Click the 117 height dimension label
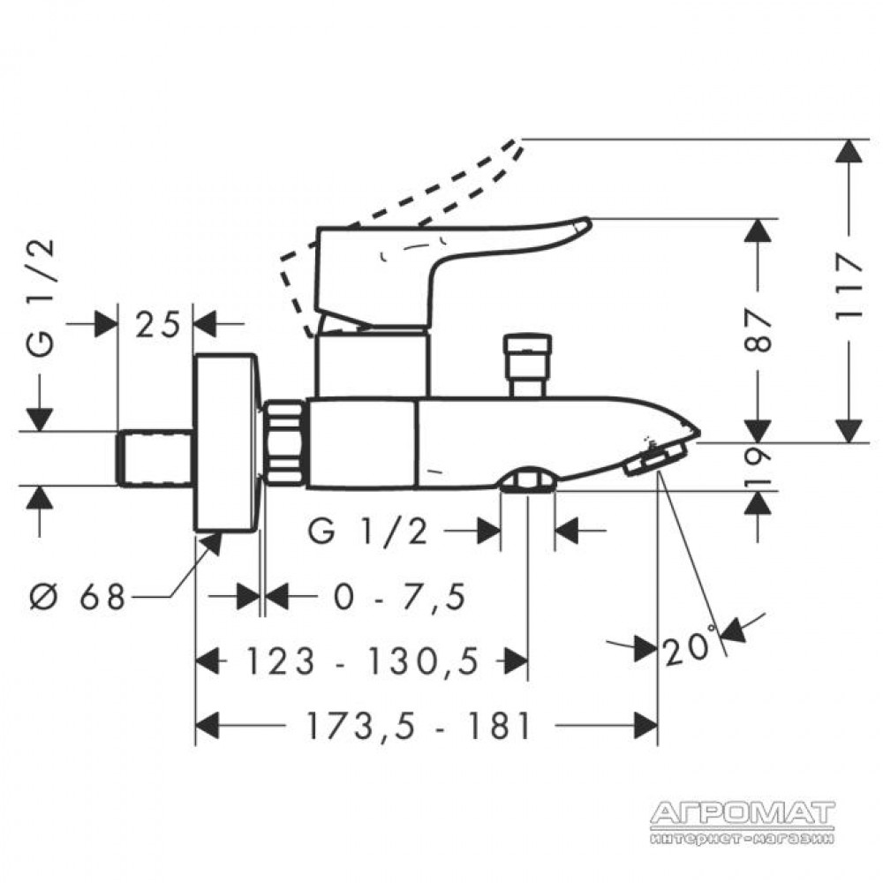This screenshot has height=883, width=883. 849,287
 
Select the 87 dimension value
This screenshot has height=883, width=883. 758,330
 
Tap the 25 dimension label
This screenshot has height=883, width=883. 157,324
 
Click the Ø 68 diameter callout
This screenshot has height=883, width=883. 77,596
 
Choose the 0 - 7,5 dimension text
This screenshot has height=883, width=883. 400,596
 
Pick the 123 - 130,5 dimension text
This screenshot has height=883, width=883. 363,660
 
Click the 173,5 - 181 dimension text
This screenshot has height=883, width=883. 418,725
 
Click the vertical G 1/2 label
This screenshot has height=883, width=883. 42,298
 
